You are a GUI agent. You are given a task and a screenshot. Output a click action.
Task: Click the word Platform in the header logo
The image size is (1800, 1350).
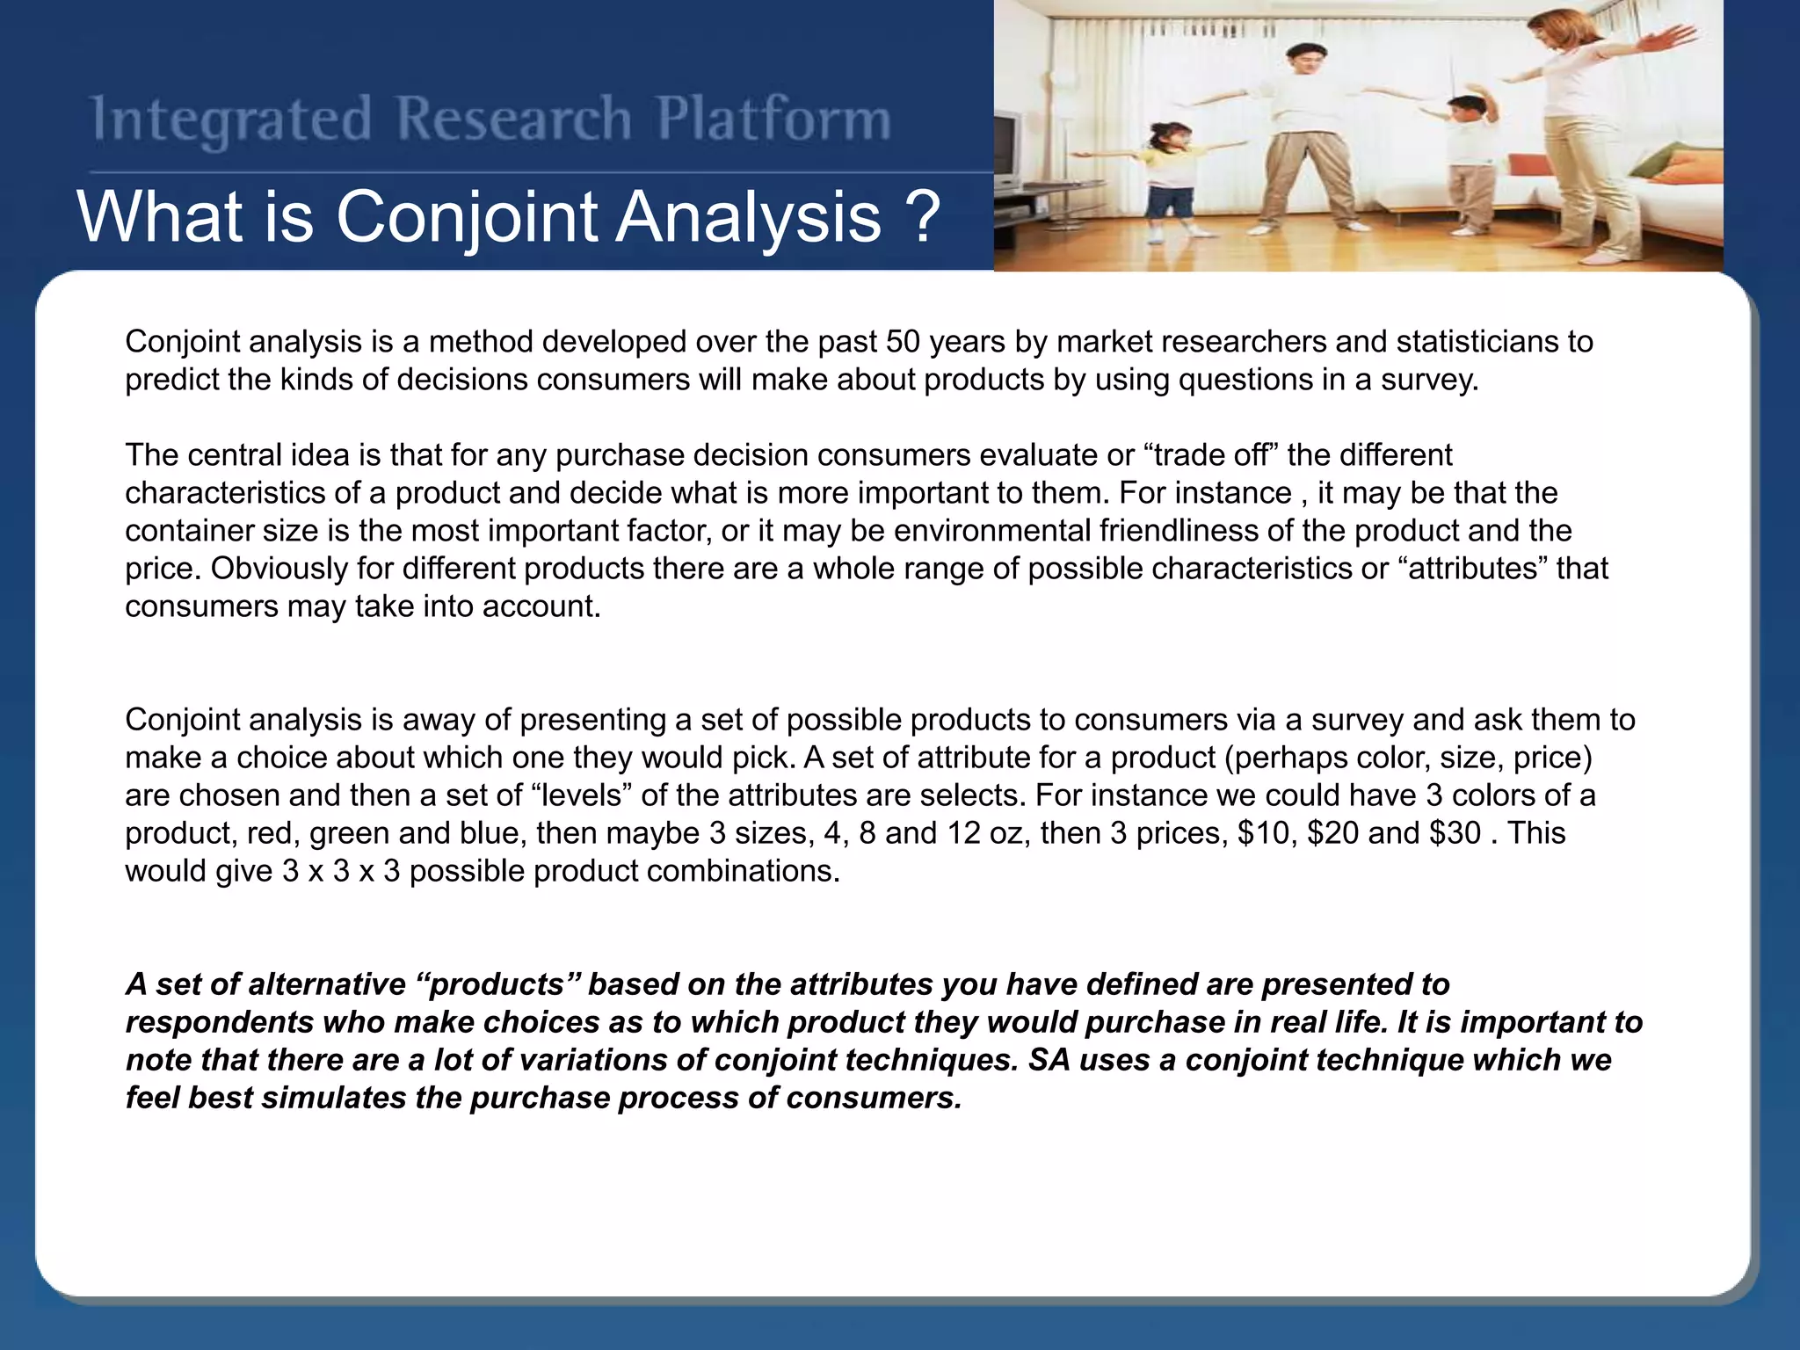coord(773,120)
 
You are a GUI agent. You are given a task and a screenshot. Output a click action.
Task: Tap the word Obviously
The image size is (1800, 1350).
coord(279,569)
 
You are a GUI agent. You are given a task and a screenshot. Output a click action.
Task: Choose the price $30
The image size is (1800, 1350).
coord(1455,833)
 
